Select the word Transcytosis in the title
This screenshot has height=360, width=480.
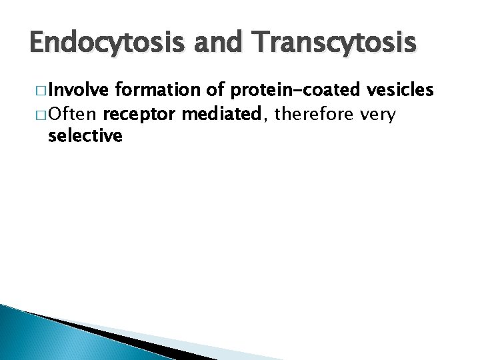332,44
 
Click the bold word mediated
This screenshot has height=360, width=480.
222,115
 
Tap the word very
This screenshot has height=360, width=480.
378,115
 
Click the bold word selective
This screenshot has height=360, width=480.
85,137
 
